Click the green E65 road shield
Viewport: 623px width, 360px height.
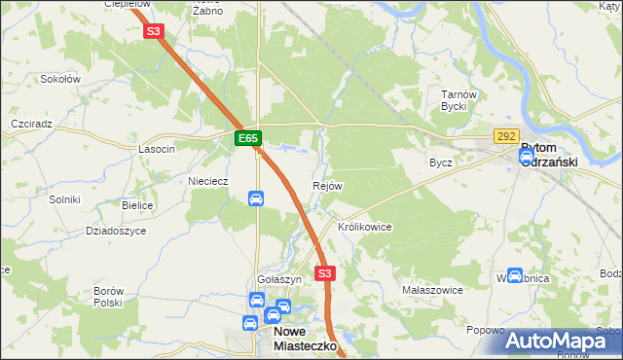(x=248, y=140)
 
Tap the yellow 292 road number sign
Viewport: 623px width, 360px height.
(x=506, y=137)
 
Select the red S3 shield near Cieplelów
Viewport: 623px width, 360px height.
(x=153, y=31)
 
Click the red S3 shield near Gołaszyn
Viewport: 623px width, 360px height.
(x=325, y=274)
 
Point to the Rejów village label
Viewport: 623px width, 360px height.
(x=327, y=186)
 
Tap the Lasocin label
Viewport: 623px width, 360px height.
(x=157, y=149)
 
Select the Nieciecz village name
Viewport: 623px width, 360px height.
(x=207, y=181)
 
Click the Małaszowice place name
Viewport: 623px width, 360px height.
(x=432, y=290)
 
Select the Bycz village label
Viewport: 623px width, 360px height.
(x=441, y=162)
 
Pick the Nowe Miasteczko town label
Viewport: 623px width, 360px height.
(x=298, y=338)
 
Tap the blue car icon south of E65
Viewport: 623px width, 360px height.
(x=256, y=199)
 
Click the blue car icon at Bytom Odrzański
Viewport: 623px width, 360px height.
(x=527, y=154)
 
